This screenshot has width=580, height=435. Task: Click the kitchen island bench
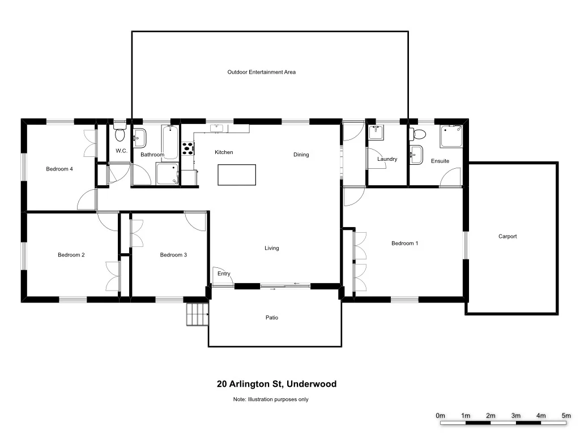point(237,174)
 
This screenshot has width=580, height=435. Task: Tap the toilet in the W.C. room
point(120,135)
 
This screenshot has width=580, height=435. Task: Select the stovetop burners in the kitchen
point(187,149)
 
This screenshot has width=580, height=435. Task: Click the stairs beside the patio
point(198,314)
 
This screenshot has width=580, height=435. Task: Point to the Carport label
point(507,237)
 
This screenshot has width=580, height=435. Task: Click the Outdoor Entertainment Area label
point(262,72)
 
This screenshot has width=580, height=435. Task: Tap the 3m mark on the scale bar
point(515,416)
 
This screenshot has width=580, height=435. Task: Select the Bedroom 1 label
point(405,244)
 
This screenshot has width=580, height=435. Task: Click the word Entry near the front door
point(224,274)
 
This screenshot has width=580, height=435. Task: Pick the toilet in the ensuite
point(419,134)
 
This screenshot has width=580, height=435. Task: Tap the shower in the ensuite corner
point(451,137)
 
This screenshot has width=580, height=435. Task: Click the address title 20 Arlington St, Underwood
point(276,384)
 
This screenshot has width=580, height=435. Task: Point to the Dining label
point(301,155)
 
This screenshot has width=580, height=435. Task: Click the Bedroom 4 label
point(59,169)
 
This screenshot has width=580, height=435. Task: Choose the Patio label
point(272,318)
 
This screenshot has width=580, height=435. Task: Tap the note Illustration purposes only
point(271,399)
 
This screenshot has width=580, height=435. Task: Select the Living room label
point(272,248)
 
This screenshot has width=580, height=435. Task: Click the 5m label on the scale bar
point(566,416)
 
